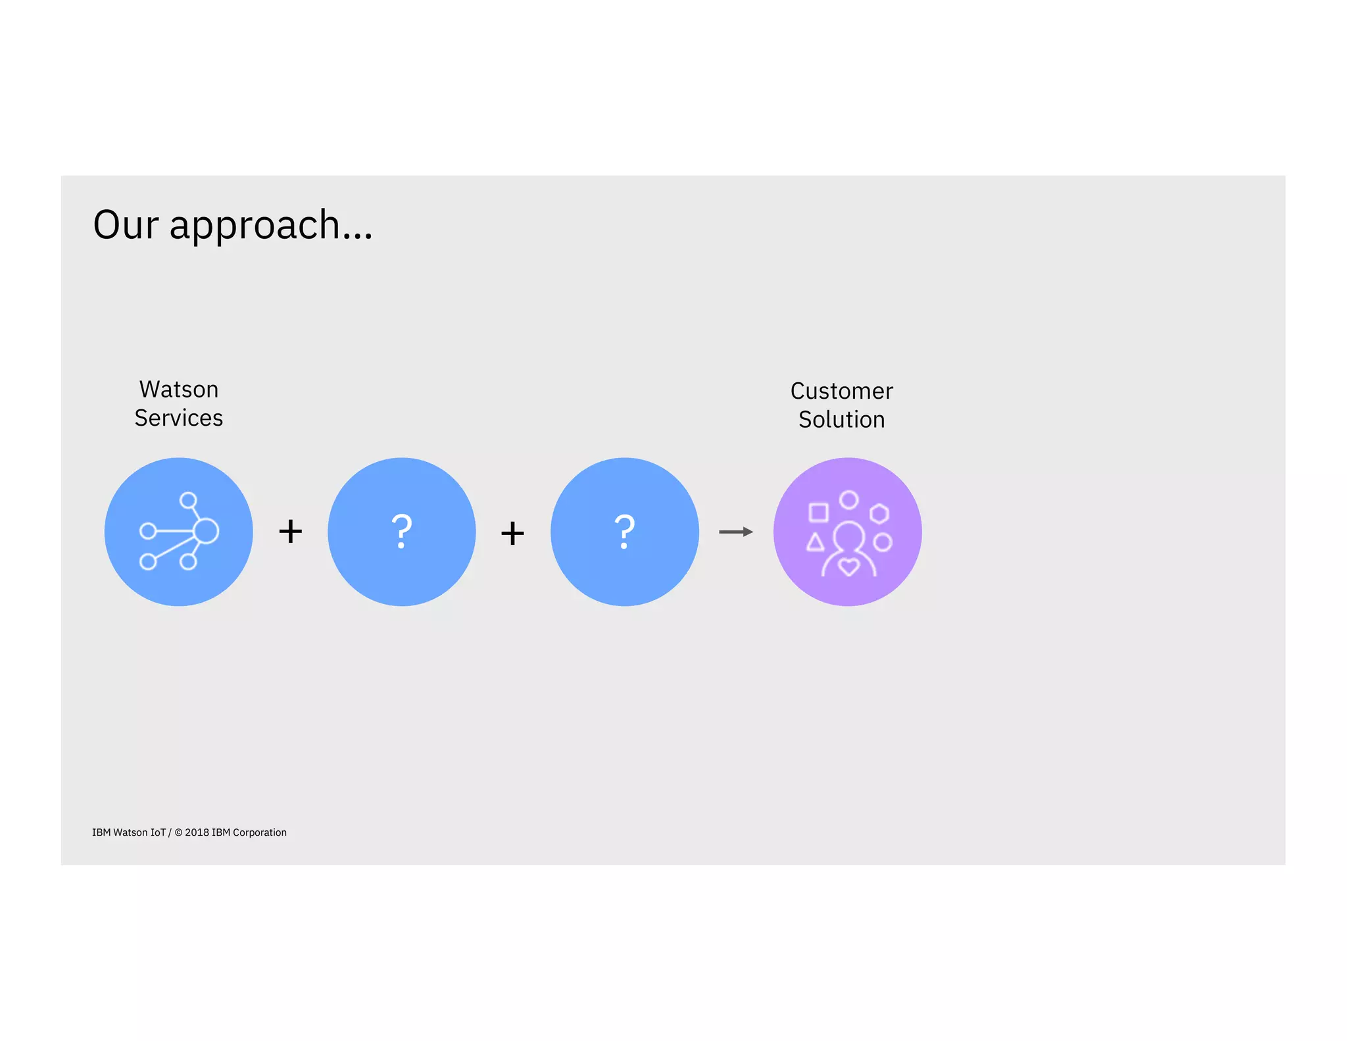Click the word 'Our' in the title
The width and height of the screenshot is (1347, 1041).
pyautogui.click(x=126, y=225)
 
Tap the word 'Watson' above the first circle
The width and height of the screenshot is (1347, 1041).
pyautogui.click(x=179, y=390)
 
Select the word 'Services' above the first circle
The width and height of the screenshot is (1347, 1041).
pyautogui.click(x=179, y=419)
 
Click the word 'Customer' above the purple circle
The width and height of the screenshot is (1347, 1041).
pyautogui.click(x=841, y=392)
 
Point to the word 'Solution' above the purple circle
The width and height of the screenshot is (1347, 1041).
pyautogui.click(x=841, y=420)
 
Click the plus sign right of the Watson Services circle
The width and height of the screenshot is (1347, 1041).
pyautogui.click(x=290, y=531)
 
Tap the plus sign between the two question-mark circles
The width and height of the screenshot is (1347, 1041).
pyautogui.click(x=512, y=532)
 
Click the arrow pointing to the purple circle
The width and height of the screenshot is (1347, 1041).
pyautogui.click(x=736, y=532)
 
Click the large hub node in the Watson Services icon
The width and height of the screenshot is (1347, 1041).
pyautogui.click(x=206, y=530)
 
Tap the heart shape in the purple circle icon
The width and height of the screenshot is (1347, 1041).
pyautogui.click(x=849, y=566)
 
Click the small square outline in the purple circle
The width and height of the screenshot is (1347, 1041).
pyautogui.click(x=818, y=512)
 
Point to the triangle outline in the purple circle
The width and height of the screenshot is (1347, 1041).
pyautogui.click(x=816, y=543)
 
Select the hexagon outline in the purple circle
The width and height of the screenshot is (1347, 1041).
pyautogui.click(x=879, y=513)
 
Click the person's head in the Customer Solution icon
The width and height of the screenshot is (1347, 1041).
pyautogui.click(x=848, y=536)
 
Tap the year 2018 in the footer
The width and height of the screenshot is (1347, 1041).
pyautogui.click(x=197, y=832)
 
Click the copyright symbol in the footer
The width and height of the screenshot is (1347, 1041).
pyautogui.click(x=178, y=832)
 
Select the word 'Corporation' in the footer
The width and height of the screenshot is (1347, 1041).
pyautogui.click(x=260, y=832)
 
